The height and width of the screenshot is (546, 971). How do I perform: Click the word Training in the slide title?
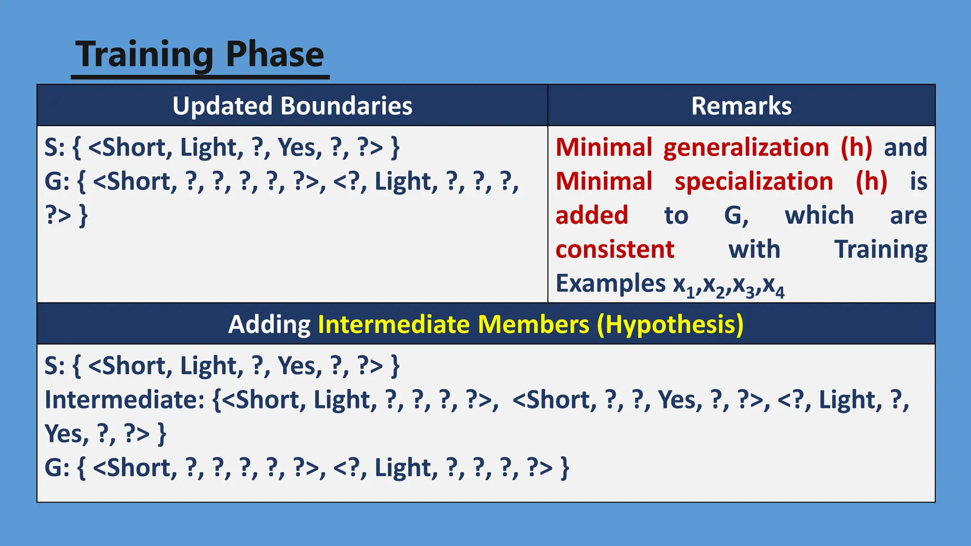point(145,55)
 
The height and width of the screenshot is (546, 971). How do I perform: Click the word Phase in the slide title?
point(275,54)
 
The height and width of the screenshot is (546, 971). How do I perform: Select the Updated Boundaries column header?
point(292,106)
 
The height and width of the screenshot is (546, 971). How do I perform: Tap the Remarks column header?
point(741,106)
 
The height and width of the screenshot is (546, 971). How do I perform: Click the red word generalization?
point(746,148)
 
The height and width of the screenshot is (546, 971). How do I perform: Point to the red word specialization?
point(753,182)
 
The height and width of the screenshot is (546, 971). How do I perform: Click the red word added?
point(592,216)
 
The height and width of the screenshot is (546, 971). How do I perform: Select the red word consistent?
point(614,250)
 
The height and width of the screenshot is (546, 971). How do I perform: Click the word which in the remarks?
point(819,216)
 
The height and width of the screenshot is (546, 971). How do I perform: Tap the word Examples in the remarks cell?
point(610,284)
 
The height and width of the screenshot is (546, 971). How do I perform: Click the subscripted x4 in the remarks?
point(774,286)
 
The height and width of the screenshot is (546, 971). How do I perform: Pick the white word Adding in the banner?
point(269,325)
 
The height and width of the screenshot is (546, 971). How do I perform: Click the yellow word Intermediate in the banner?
point(394,325)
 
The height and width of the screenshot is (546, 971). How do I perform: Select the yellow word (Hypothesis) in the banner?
point(670,326)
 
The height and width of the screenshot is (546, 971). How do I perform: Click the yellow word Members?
point(533,325)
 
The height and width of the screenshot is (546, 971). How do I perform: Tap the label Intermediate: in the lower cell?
point(124,400)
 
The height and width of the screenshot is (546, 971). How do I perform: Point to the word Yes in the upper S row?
point(300,147)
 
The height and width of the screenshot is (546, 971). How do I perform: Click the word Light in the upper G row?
point(403,182)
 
